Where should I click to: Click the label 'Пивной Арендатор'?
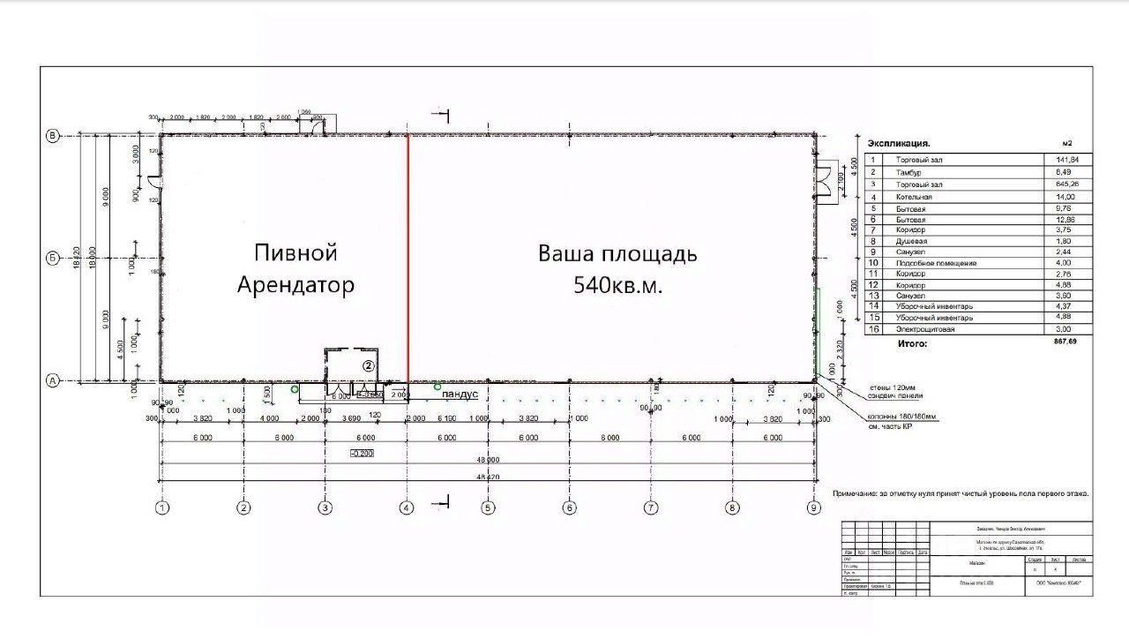(295, 269)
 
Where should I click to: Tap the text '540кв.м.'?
(618, 285)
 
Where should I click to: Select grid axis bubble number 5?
(487, 507)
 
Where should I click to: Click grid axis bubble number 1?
(162, 507)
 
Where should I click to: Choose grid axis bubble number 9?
(813, 507)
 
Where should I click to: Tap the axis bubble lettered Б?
(52, 259)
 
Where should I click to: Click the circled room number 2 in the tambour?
(370, 365)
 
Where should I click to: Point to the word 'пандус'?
(460, 395)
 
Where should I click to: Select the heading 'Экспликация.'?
(899, 143)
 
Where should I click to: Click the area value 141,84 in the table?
(1055, 159)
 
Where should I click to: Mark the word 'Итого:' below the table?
(912, 342)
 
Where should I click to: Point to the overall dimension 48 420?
(487, 477)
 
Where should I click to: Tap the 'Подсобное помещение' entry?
(936, 263)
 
